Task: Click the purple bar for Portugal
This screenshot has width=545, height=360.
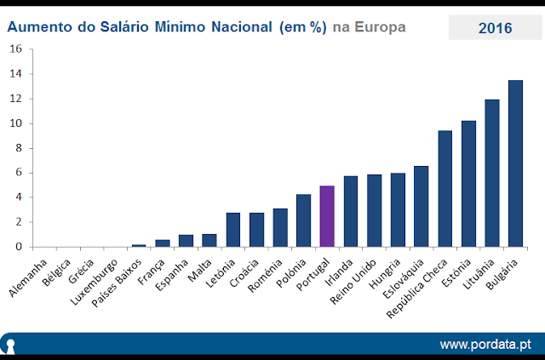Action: point(327,216)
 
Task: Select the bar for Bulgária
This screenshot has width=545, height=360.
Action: point(515,163)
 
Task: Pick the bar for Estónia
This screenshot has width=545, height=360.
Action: point(468,184)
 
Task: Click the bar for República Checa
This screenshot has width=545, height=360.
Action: point(445,189)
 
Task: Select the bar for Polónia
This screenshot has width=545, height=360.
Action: point(303,220)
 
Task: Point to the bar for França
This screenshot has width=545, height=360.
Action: point(162,243)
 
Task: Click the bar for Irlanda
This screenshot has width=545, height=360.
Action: point(351,211)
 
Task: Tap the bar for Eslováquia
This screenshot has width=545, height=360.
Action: point(421,206)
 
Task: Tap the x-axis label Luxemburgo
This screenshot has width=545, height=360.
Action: point(92,278)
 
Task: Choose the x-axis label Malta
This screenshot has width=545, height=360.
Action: point(198,266)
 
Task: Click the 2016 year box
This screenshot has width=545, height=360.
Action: point(495,28)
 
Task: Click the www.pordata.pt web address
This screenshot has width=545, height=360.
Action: point(485,344)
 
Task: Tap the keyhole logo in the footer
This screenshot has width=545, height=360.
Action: point(10,345)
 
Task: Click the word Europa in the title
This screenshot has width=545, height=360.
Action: point(380,28)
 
